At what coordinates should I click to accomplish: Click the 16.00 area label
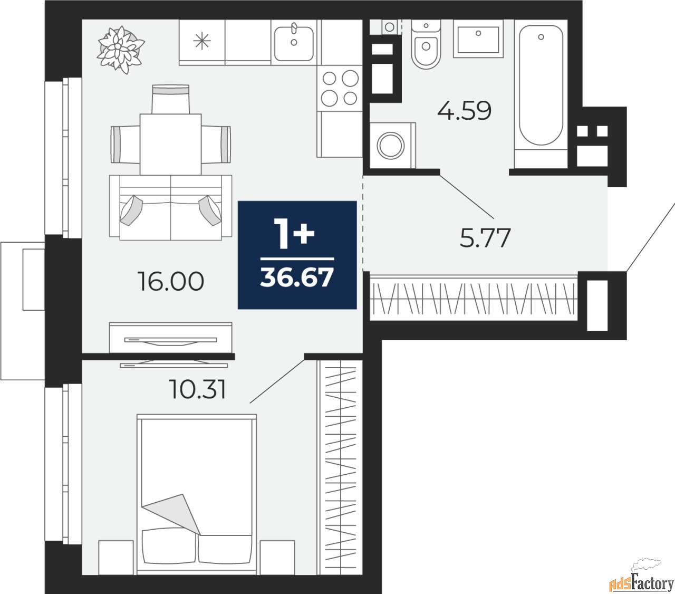coord(170,282)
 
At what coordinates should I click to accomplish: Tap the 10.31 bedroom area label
coord(198,389)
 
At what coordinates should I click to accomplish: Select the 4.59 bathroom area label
coord(464,111)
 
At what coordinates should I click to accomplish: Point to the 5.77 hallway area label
coord(485,238)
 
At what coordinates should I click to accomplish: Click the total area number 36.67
coord(297,277)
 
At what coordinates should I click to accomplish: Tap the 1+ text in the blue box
coord(294,234)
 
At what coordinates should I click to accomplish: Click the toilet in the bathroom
coord(426,44)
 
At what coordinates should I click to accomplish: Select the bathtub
coord(541,94)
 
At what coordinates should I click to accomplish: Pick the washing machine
coord(392,145)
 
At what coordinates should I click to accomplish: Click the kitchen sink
coord(294,42)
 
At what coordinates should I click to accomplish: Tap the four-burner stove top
coord(340,88)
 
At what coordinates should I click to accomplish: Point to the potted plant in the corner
coord(120,50)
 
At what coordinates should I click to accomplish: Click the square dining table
coord(170,145)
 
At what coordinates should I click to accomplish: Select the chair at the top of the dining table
coord(170,99)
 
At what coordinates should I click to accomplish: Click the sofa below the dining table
coord(170,208)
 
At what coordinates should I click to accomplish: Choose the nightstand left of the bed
coord(116,557)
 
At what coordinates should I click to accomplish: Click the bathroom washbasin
coord(478,39)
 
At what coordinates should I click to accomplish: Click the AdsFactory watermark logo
coord(642,580)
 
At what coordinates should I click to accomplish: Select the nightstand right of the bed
coord(277,557)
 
